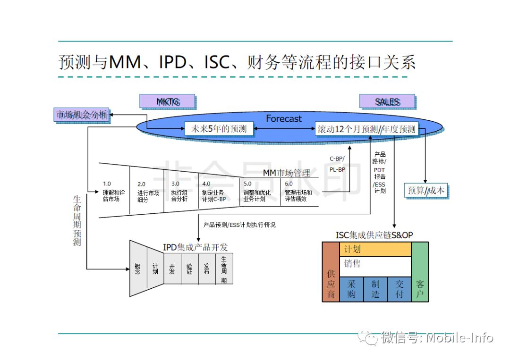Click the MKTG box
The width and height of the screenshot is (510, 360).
point(168,101)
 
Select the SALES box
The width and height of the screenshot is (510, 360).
point(387,101)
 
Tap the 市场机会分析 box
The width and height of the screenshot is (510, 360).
point(82,115)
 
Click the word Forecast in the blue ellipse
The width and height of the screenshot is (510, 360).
point(283,118)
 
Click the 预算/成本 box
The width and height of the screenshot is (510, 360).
point(426,191)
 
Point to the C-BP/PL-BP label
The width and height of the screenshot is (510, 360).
point(337,164)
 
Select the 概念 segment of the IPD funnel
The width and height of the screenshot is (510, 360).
point(138,269)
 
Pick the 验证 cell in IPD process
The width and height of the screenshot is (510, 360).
point(189,269)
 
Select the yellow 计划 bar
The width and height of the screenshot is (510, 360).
point(375,250)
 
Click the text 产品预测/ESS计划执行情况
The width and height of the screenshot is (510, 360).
point(239,225)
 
